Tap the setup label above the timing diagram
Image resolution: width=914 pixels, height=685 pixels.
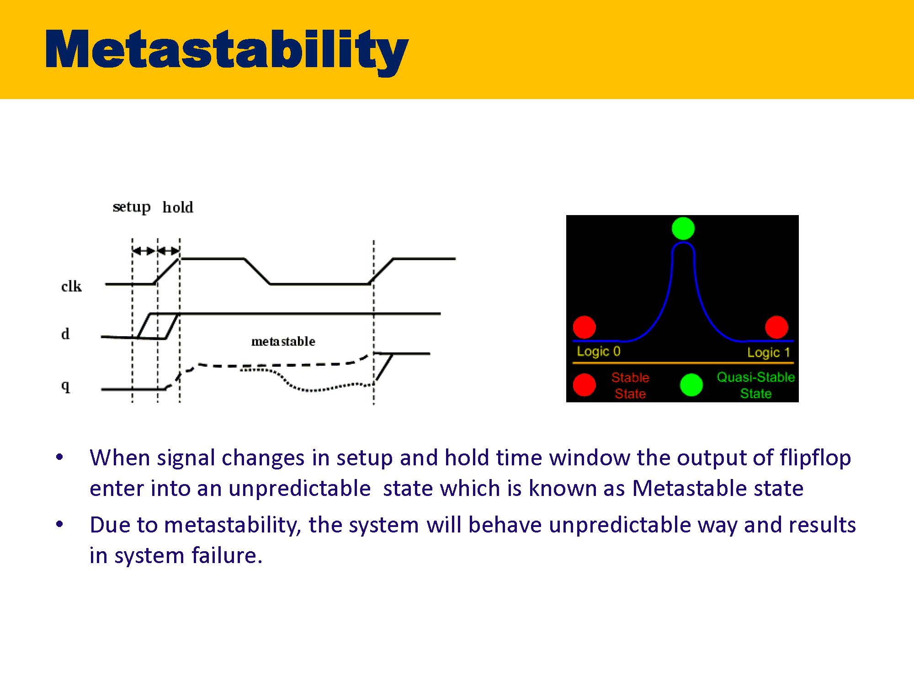coord(132,207)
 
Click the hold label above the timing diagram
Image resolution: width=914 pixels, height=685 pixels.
coord(178,207)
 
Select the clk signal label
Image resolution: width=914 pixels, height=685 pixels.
coord(71,286)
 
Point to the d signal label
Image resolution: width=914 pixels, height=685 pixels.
coord(65,334)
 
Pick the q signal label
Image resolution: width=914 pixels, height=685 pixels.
coord(65,386)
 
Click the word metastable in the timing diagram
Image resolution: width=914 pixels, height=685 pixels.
coord(283,341)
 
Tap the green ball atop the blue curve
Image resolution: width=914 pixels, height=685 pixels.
coord(683,228)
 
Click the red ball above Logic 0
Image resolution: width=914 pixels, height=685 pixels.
coord(585,327)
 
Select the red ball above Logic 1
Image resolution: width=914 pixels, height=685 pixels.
coord(776,327)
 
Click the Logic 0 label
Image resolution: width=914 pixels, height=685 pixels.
coord(599,351)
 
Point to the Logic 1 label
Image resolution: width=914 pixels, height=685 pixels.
coord(769,352)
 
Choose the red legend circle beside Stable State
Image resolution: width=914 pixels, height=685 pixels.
coord(585,385)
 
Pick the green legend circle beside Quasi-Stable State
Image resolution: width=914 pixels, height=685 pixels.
coord(691,385)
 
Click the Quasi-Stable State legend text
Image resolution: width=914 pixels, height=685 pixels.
coord(756,385)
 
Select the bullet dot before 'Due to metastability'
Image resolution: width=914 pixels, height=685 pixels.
coord(59,524)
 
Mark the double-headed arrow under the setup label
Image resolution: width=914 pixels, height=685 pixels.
coord(144,251)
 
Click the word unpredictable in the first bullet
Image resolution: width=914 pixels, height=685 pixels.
coord(299,488)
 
